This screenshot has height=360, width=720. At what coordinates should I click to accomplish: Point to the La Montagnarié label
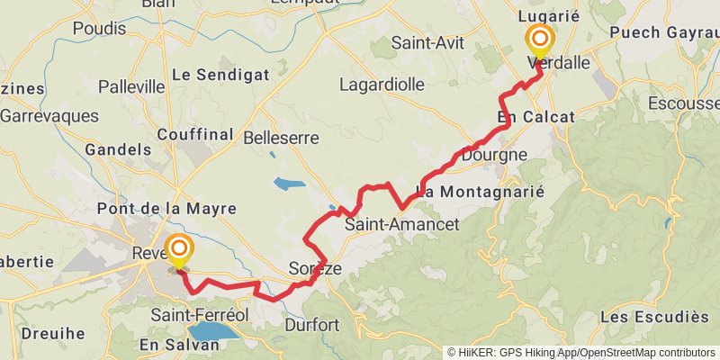coord(481,192)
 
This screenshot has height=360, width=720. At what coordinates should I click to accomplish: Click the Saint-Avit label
coord(427,42)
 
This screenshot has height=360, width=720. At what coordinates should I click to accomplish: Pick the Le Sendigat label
coord(220,75)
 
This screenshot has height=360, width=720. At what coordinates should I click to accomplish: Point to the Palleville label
coord(131,86)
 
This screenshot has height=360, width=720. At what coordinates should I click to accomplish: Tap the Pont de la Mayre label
coord(166,209)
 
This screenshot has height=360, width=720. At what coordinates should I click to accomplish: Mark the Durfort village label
coord(310,324)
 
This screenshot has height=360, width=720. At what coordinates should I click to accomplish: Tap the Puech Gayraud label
coord(664,32)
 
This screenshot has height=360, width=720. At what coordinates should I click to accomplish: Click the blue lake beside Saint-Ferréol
coord(212,331)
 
